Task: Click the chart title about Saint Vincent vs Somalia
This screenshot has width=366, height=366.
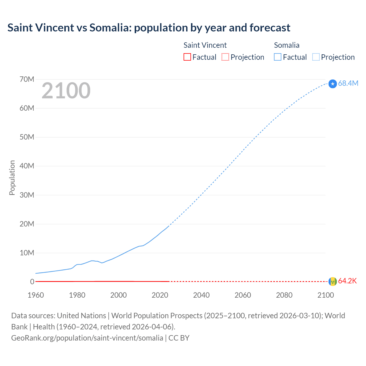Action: point(149,28)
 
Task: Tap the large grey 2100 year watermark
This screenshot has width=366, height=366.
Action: point(66,91)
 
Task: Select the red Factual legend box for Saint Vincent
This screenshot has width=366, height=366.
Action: point(187,57)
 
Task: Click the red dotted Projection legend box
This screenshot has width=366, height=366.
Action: point(225,57)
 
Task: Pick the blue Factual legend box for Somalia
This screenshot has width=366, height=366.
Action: point(278,57)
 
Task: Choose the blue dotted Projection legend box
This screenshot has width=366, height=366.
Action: point(316,57)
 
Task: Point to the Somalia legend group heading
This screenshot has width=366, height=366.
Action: point(287,45)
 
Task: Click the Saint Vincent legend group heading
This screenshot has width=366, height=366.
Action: point(205,45)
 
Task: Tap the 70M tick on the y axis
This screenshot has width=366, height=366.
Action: point(27,79)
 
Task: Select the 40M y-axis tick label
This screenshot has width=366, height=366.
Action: point(27,166)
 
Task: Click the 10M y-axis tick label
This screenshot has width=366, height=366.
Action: point(27,253)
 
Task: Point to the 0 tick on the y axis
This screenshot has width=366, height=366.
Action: point(32,282)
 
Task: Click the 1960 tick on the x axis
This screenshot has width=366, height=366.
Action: point(36,295)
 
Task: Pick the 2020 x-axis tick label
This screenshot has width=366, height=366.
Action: point(160,295)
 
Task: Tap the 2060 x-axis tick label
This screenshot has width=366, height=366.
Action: point(243,295)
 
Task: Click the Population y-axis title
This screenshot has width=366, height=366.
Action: point(12,178)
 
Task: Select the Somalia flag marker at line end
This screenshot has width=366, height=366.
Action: point(333,84)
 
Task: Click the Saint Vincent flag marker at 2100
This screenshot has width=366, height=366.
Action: point(333,282)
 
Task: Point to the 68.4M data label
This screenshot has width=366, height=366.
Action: point(348,83)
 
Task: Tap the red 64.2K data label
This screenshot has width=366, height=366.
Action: point(347,281)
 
